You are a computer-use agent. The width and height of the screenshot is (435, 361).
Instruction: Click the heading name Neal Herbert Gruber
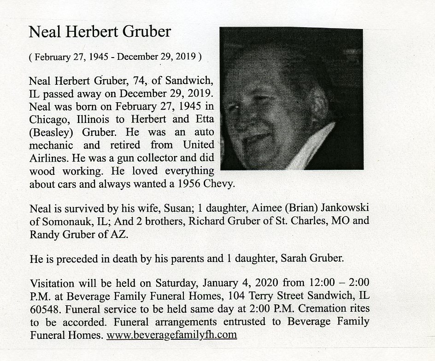pyautogui.click(x=100, y=32)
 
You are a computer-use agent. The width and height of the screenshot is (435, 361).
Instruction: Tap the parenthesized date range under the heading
pyautogui.click(x=115, y=58)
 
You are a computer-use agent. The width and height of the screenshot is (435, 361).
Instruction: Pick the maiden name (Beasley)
pyautogui.click(x=51, y=131)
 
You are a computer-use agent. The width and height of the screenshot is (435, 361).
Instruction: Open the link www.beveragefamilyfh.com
pyautogui.click(x=171, y=335)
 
